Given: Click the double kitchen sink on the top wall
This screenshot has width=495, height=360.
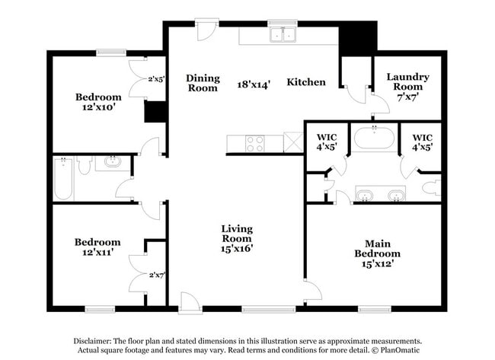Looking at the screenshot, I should (283, 35).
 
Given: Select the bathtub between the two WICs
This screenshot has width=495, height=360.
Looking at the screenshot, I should (373, 139).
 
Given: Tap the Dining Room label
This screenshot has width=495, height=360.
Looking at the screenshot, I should (203, 83).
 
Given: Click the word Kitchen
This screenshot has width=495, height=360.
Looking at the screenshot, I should (306, 82).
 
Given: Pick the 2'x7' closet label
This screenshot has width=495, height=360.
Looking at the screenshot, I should (158, 274).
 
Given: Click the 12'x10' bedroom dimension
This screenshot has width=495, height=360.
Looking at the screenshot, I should (98, 107).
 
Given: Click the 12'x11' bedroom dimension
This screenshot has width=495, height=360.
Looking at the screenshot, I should (97, 253).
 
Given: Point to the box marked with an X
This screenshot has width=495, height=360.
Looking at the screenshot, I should (293, 142).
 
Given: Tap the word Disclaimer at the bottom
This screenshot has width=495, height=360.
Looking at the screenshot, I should (92, 341).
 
